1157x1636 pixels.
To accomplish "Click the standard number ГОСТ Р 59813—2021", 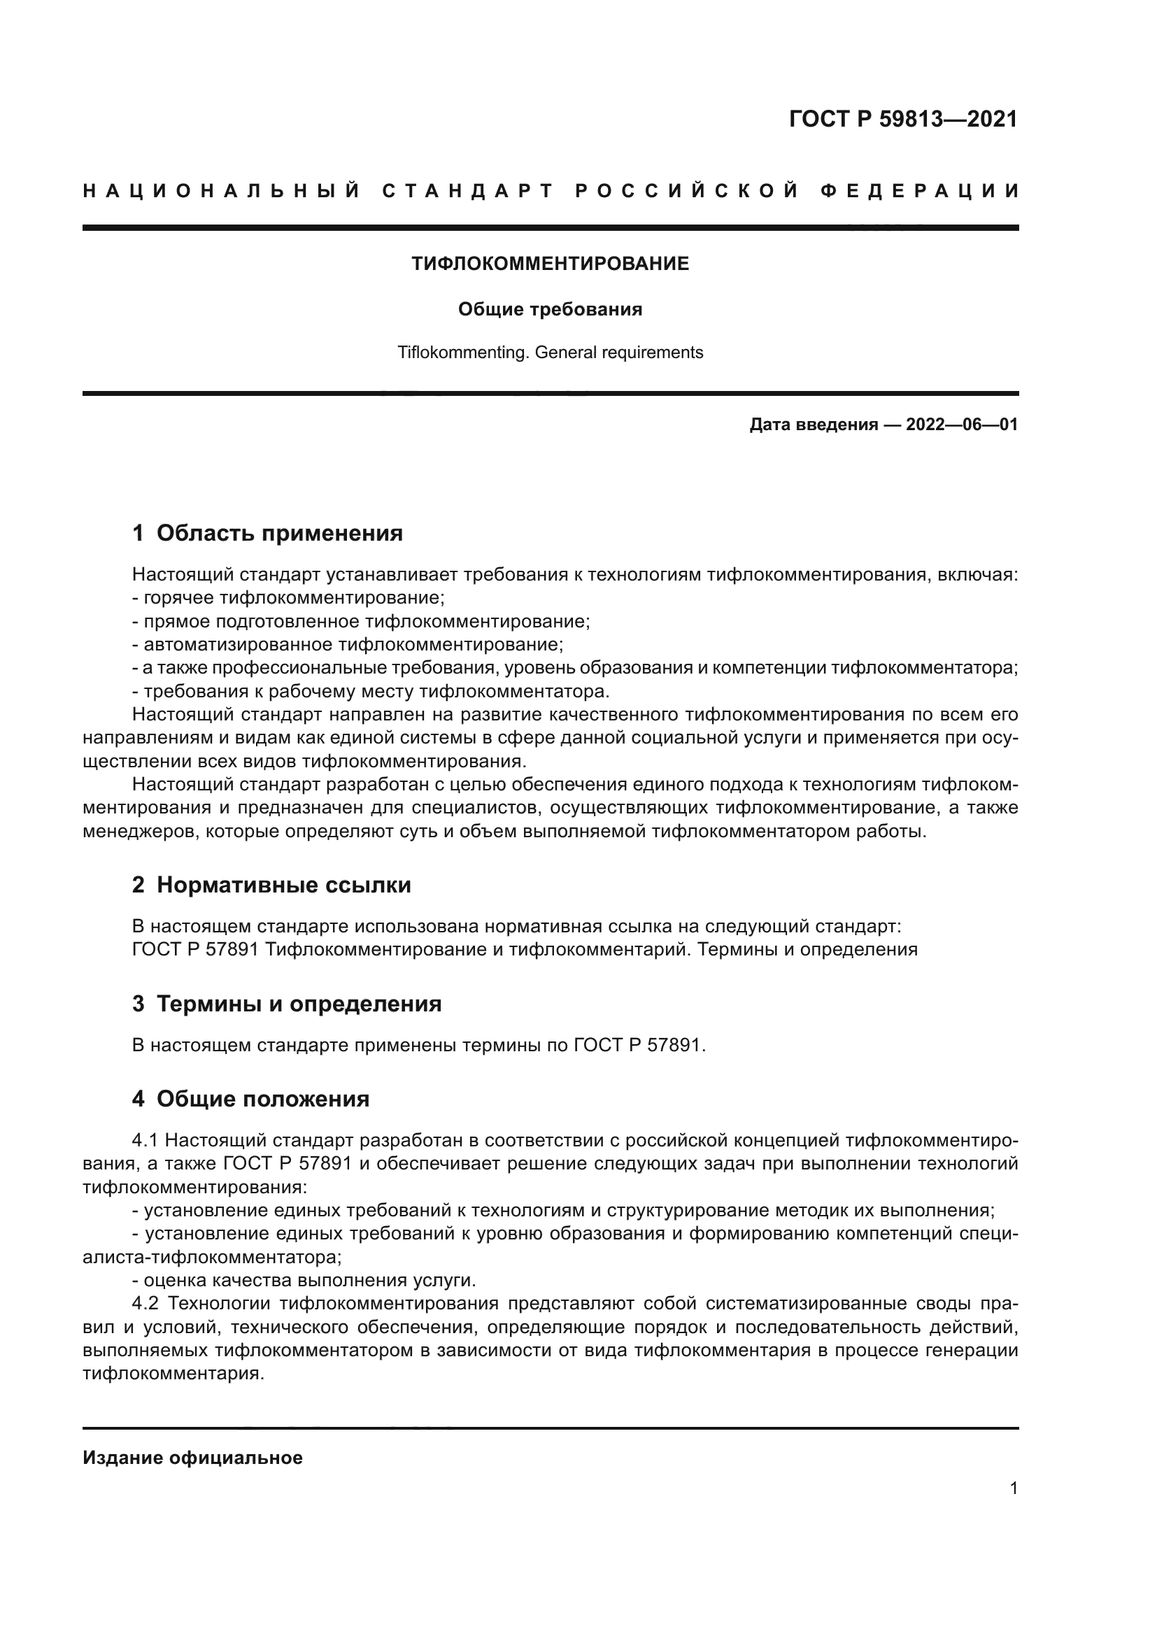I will pyautogui.click(x=902, y=119).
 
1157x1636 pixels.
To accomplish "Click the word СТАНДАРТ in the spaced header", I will pyautogui.click(x=468, y=191).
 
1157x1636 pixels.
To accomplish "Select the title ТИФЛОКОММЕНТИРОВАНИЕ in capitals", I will pyautogui.click(x=550, y=264).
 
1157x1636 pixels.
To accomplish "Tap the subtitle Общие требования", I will pyautogui.click(x=550, y=309).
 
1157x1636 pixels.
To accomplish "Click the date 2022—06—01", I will pyautogui.click(x=961, y=425).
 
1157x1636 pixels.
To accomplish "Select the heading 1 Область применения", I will pyautogui.click(x=267, y=533).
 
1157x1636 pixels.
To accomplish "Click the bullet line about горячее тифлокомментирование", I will pyautogui.click(x=288, y=598).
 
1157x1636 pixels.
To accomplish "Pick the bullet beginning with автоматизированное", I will pyautogui.click(x=348, y=645).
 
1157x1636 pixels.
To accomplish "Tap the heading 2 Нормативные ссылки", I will pyautogui.click(x=271, y=885).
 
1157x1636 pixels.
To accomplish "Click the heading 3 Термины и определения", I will pyautogui.click(x=286, y=1004).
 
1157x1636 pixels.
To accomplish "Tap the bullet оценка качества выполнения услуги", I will pyautogui.click(x=304, y=1281).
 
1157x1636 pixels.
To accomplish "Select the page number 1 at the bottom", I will pyautogui.click(x=1013, y=1488).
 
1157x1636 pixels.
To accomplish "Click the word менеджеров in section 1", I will pyautogui.click(x=140, y=832).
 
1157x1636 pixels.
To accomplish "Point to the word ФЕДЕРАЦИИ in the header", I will pyautogui.click(x=920, y=191).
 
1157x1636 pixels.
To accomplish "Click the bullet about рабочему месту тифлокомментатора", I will pyautogui.click(x=371, y=692).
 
